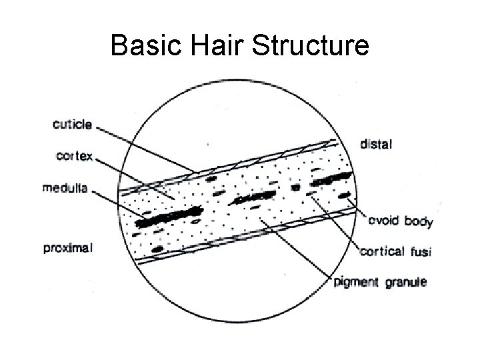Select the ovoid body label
coord(399,221)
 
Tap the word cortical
coord(382,251)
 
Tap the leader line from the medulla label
coord(120,205)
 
